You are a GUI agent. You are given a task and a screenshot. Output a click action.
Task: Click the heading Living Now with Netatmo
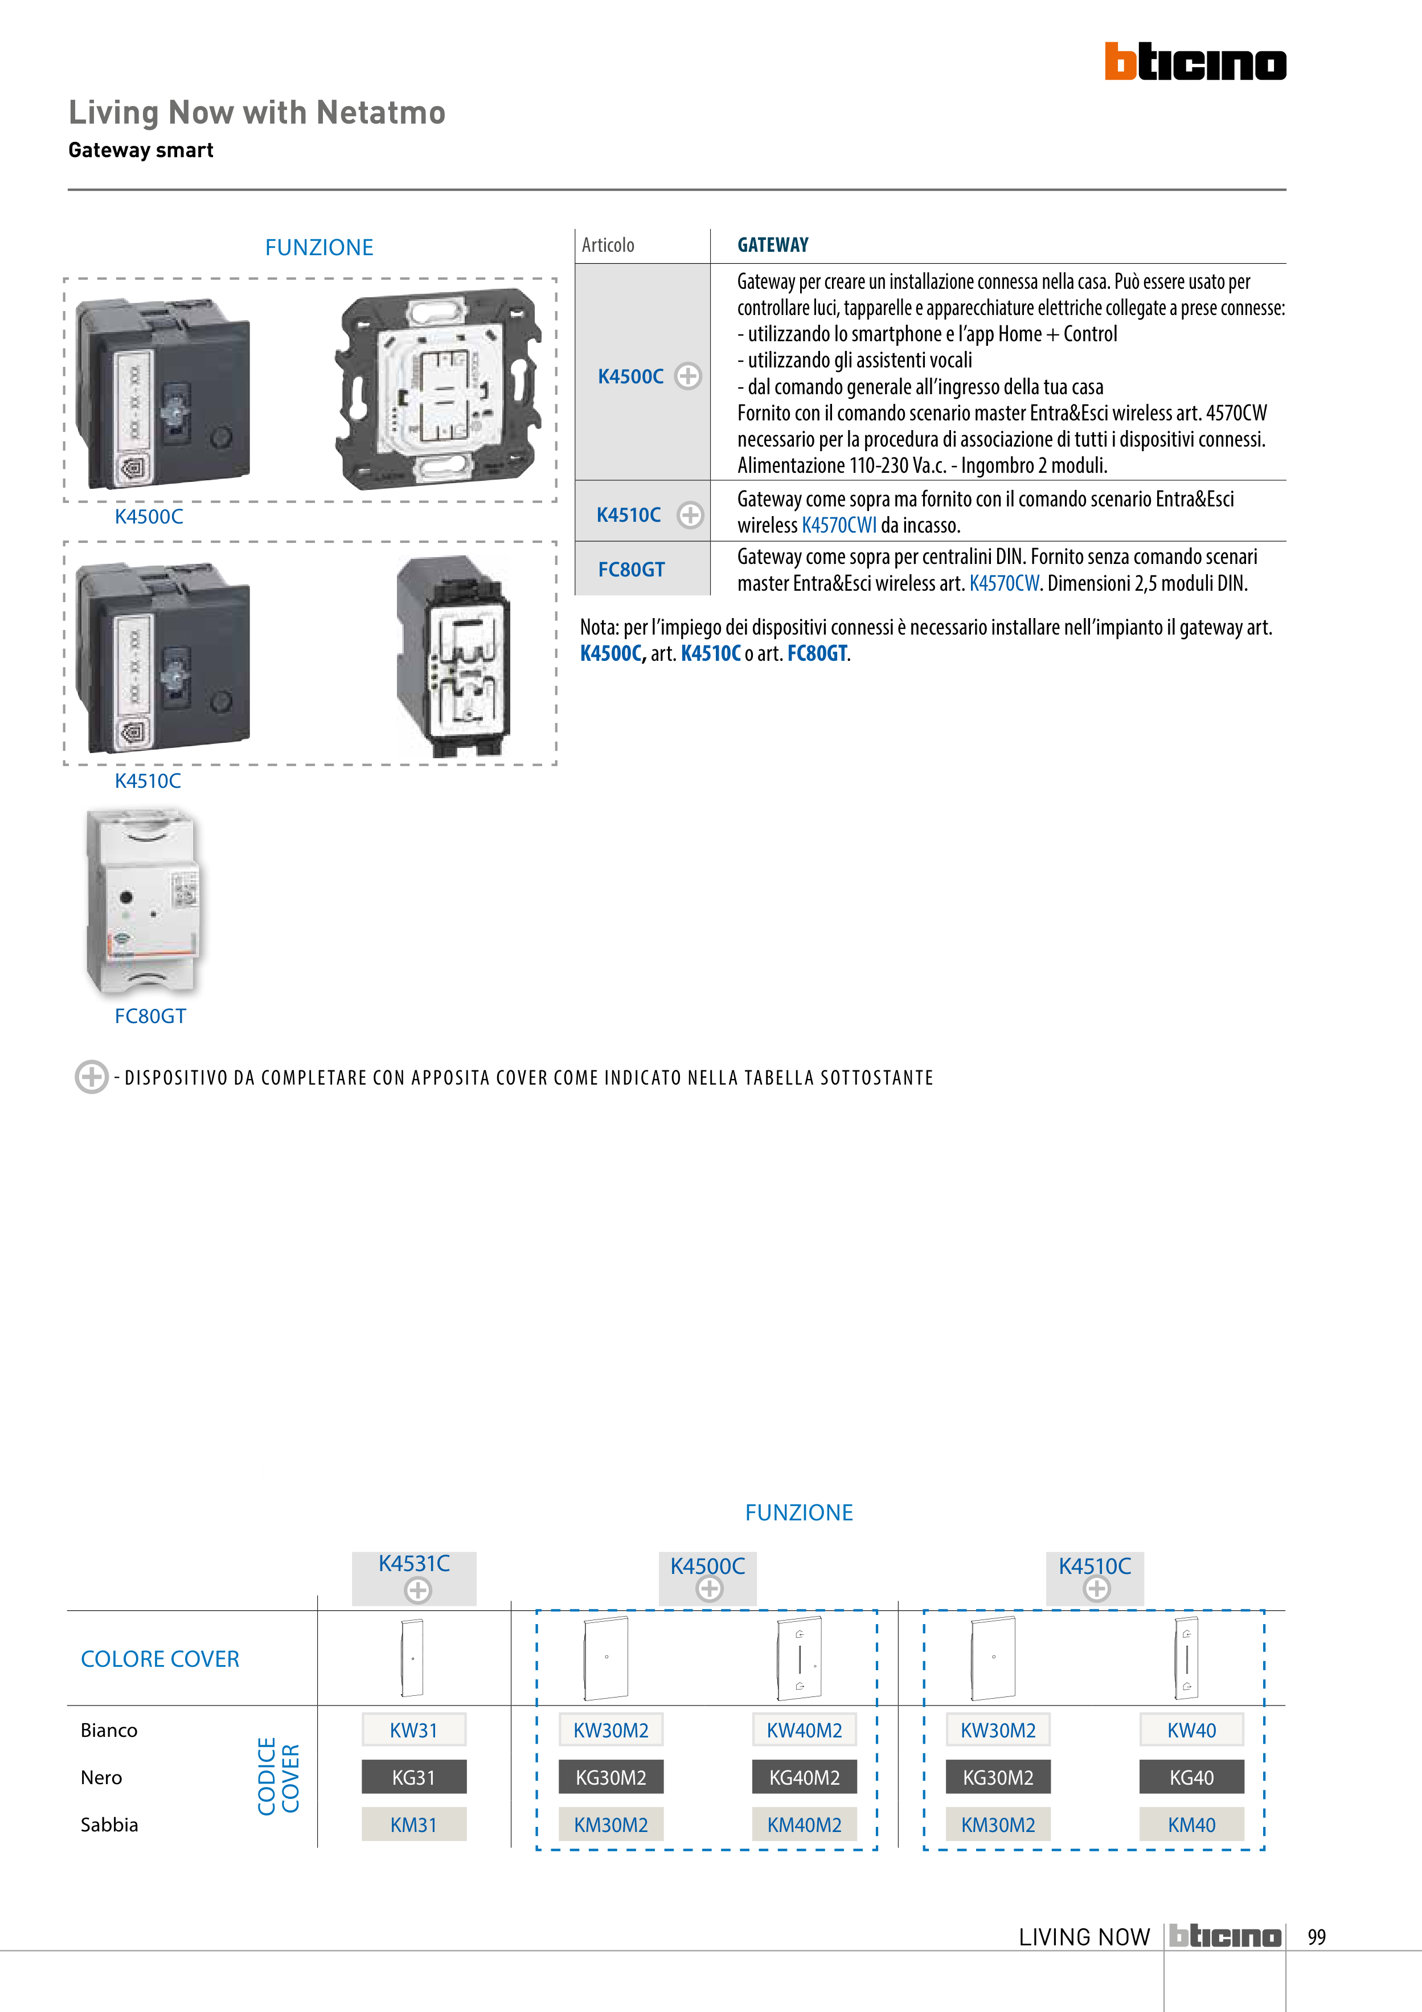point(257,113)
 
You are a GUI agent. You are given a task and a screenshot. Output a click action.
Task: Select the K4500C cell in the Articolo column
point(631,377)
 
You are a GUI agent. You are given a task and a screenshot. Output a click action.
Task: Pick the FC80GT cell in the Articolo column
point(631,570)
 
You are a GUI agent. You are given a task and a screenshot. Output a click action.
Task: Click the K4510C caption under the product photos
point(147,781)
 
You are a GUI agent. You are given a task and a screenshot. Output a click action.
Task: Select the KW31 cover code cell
point(413,1731)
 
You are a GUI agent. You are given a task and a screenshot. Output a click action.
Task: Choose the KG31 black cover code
point(413,1777)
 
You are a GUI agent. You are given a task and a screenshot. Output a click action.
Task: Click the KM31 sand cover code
point(413,1825)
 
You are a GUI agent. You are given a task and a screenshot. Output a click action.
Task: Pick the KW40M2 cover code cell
point(804,1731)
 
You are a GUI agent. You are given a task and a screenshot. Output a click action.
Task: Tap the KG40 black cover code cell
point(1191,1777)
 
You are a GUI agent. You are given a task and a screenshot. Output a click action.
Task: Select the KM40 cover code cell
point(1191,1825)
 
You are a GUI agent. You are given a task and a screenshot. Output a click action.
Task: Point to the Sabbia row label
point(109,1825)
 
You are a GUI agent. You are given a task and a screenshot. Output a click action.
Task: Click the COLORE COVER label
point(159,1659)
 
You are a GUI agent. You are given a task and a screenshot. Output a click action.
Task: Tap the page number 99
point(1316,1937)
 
